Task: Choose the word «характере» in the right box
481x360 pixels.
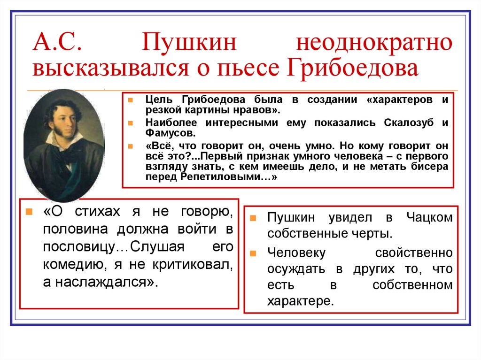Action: [298, 300]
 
